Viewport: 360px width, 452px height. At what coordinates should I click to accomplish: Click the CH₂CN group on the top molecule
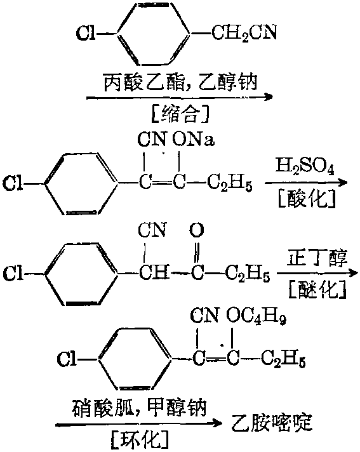[x=244, y=33]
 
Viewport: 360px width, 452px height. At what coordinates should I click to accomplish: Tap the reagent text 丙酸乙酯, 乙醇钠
[x=180, y=82]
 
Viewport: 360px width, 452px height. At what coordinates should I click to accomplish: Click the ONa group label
[x=194, y=140]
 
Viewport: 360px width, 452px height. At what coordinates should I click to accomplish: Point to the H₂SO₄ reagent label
[x=305, y=166]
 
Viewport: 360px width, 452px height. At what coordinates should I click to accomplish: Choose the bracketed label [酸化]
[x=307, y=198]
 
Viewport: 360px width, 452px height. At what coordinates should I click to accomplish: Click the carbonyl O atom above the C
[x=197, y=230]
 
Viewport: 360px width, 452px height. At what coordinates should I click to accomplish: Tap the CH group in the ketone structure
[x=154, y=272]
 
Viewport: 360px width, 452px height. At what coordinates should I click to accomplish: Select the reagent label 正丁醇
[x=317, y=257]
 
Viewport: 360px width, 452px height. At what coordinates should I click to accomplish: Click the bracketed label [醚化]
[x=317, y=289]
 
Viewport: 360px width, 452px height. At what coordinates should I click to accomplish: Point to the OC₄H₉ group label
[x=257, y=317]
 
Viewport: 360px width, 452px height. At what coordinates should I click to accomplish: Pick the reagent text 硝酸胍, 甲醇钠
[x=139, y=408]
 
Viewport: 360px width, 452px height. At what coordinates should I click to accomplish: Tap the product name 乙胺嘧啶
[x=272, y=423]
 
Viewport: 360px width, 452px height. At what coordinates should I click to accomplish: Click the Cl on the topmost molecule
[x=86, y=33]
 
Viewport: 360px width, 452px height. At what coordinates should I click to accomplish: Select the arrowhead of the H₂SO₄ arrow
[x=343, y=182]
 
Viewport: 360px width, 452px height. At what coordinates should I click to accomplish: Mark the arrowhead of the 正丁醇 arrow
[x=353, y=273]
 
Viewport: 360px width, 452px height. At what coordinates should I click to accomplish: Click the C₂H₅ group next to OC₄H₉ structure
[x=283, y=361]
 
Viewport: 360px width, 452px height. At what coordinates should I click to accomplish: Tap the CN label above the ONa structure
[x=152, y=140]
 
